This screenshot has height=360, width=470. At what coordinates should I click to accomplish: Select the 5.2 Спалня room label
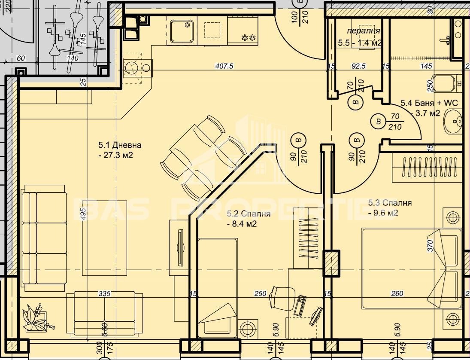coord(249,214)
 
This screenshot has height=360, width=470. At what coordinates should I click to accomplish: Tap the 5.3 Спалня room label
coord(390,203)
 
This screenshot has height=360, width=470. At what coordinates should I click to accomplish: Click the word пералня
coord(363,31)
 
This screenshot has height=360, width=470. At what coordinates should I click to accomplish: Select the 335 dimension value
coord(105,294)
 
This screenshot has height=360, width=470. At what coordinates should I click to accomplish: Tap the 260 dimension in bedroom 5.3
coord(397,294)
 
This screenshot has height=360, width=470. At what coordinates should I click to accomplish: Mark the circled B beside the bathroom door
coord(378,122)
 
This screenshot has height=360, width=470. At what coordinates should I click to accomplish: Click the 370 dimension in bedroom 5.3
coord(431,245)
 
